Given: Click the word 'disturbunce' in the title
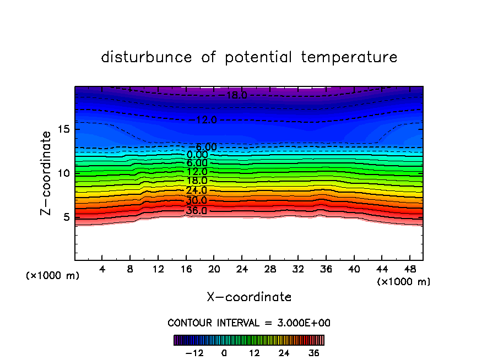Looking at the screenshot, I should tap(147, 57).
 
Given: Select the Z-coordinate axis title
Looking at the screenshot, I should tap(46, 173).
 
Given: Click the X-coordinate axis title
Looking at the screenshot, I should tap(249, 297).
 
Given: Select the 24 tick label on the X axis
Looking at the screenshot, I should tap(242, 269).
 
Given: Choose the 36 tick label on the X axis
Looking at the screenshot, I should tap(326, 269).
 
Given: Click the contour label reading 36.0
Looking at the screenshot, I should tap(196, 210).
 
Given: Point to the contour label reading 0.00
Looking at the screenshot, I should tap(197, 155).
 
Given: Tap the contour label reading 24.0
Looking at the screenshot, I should tap(196, 190).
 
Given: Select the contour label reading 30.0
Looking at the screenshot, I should tap(196, 200).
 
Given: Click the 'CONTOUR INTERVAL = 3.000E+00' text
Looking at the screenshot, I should tap(249, 323).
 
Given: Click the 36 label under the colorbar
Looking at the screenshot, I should tap(314, 353).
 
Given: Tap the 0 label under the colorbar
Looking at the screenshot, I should tap(224, 353).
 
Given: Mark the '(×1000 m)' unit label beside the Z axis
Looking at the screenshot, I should tap(53, 276).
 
